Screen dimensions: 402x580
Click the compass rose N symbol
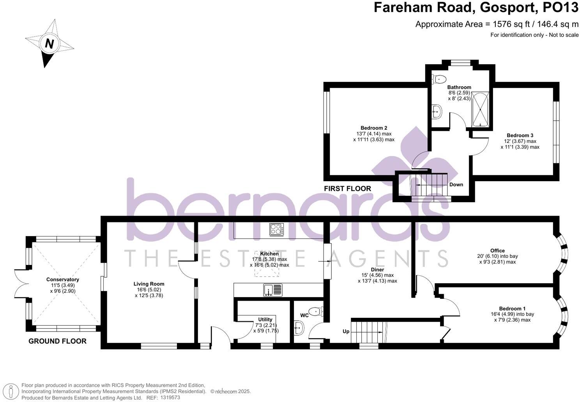tap(49, 44)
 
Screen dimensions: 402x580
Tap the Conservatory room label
tap(62, 279)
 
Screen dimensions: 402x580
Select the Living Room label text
tap(149, 284)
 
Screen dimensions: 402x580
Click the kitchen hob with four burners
tap(276, 229)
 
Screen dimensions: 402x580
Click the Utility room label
tap(265, 319)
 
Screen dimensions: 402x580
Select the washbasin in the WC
tap(298, 328)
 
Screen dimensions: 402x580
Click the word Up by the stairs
tap(346, 331)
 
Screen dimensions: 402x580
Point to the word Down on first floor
tap(456, 184)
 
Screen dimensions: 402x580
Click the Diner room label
tap(377, 270)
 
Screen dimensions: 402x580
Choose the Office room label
tap(497, 250)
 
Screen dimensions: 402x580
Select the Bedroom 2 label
tap(373, 128)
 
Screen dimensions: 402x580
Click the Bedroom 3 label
tap(520, 135)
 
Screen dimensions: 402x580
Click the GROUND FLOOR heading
tap(57, 341)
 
